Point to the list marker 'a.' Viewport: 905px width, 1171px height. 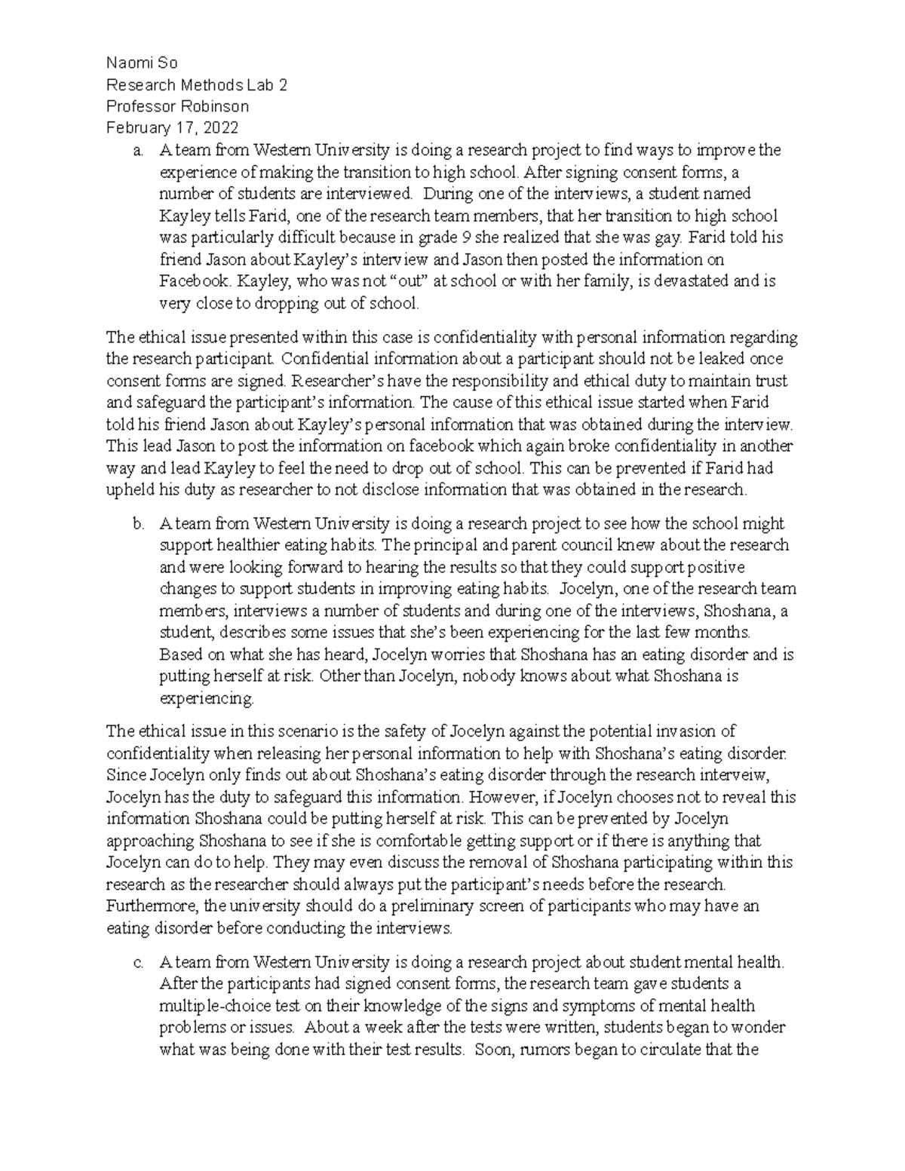pyautogui.click(x=137, y=150)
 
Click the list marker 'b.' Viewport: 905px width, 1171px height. pyautogui.click(x=137, y=523)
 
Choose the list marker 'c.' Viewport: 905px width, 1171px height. pyautogui.click(x=137, y=963)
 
